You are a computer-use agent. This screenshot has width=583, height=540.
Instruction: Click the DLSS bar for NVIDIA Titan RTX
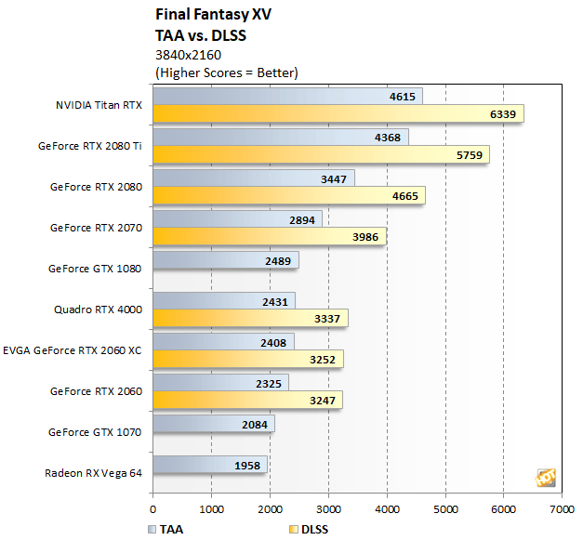pyautogui.click(x=338, y=113)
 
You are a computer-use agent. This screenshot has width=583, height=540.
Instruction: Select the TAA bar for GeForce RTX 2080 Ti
pyautogui.click(x=280, y=138)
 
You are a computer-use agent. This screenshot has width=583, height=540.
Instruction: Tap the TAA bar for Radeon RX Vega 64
pyautogui.click(x=209, y=465)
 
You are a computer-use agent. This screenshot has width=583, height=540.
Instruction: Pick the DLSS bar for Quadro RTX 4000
pyautogui.click(x=250, y=319)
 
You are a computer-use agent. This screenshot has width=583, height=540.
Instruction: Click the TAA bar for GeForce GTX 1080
pyautogui.click(x=225, y=260)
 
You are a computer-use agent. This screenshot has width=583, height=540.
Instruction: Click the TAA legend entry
pyautogui.click(x=168, y=529)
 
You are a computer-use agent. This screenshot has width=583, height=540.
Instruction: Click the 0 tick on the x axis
pyautogui.click(x=152, y=508)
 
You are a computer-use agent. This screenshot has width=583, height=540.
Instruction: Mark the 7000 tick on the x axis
pyautogui.click(x=562, y=508)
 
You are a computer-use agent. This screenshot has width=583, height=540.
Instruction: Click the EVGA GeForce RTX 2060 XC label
pyautogui.click(x=73, y=349)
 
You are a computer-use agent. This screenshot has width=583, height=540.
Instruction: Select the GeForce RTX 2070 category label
pyautogui.click(x=96, y=228)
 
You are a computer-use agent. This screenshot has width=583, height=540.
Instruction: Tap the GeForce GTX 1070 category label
pyautogui.click(x=96, y=432)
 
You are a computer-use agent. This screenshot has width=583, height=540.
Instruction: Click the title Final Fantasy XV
pyautogui.click(x=210, y=15)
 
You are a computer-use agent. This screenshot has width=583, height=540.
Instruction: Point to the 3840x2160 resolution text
pyautogui.click(x=188, y=54)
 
